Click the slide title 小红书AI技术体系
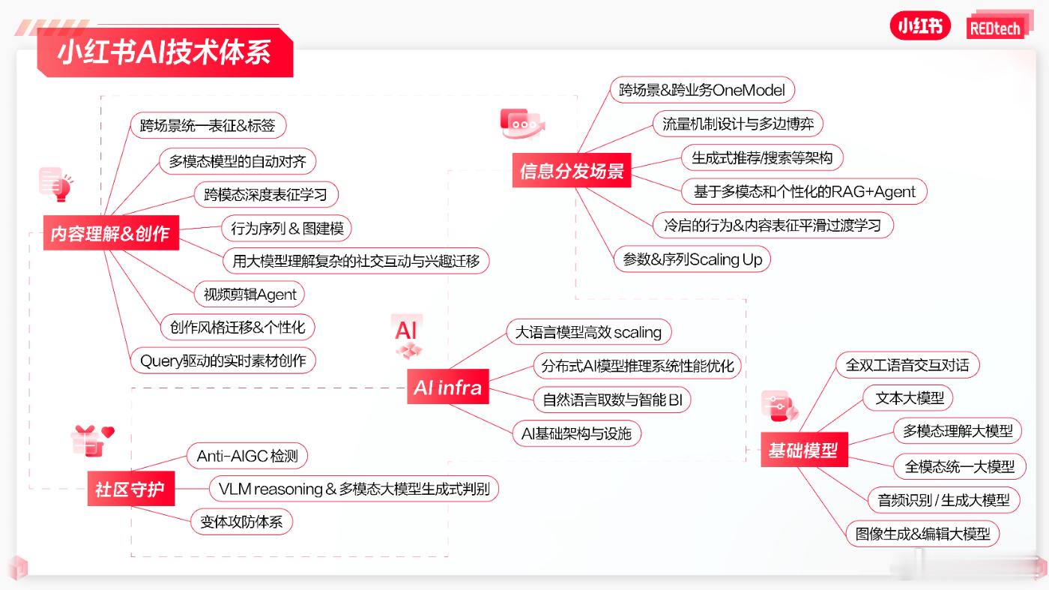(x=165, y=52)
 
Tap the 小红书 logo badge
(x=920, y=25)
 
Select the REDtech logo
(x=996, y=28)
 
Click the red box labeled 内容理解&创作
(x=111, y=233)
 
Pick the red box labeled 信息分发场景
(x=572, y=171)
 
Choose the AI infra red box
(x=448, y=387)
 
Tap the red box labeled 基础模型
(x=804, y=450)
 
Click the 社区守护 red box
(x=130, y=489)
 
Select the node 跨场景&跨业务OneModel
(x=703, y=90)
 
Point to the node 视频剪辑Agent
(x=250, y=295)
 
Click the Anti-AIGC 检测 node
(x=247, y=456)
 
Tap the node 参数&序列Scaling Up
(x=692, y=259)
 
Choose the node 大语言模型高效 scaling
(x=589, y=332)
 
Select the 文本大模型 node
(x=908, y=398)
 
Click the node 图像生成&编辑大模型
(x=923, y=534)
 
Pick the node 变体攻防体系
(x=241, y=522)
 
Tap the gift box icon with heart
(x=93, y=441)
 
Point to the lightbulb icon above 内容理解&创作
(x=55, y=184)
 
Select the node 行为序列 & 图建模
(x=286, y=228)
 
